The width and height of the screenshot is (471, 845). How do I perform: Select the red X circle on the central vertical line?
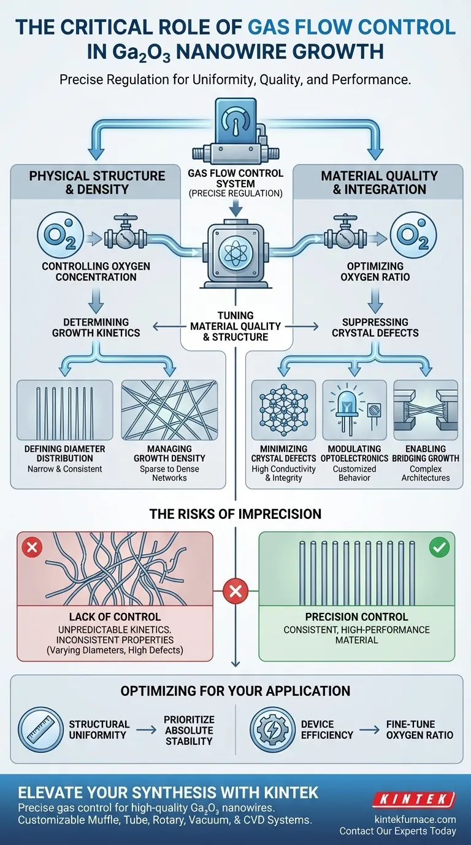click(x=235, y=592)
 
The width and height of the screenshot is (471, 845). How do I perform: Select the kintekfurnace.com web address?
click(x=415, y=819)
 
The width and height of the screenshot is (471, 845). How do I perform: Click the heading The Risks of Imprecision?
click(x=235, y=514)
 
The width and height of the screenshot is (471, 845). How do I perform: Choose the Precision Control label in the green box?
click(x=356, y=617)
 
